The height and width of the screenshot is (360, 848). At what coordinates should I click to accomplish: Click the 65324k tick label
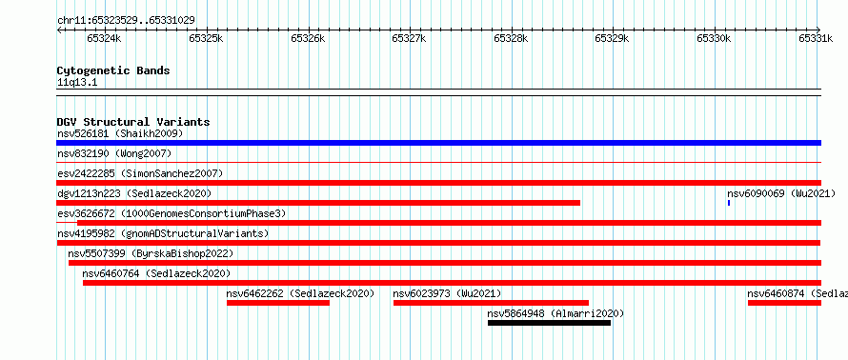tap(105, 38)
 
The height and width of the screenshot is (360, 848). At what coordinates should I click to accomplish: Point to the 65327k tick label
tap(409, 38)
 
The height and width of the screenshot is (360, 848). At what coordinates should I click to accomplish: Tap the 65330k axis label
tap(714, 38)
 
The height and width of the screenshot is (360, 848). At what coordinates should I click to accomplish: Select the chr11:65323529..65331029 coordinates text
tap(126, 21)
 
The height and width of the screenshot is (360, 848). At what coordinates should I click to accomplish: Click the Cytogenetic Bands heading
tap(113, 70)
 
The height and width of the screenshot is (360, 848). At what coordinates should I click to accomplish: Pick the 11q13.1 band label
tap(77, 83)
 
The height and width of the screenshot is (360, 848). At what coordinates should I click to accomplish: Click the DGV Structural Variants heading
tap(133, 122)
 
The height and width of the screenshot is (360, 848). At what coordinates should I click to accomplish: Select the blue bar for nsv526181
tap(438, 143)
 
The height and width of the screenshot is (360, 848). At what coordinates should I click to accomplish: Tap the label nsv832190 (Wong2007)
tap(114, 154)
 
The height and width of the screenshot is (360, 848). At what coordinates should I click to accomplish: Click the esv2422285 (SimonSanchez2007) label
tap(140, 173)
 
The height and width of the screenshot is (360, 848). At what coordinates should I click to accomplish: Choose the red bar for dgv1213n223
tap(318, 203)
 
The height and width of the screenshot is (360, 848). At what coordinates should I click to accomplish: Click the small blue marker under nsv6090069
tap(729, 203)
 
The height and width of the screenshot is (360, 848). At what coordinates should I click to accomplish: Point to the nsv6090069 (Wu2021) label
tap(781, 193)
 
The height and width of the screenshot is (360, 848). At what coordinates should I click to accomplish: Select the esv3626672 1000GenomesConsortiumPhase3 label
tap(172, 213)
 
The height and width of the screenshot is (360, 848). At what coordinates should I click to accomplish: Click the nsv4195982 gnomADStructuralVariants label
tap(163, 233)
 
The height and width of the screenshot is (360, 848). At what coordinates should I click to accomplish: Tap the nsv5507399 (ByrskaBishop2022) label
tap(151, 253)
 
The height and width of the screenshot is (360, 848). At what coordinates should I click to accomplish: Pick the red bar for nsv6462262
tap(278, 303)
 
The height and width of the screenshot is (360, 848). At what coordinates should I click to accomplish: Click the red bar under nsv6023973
tap(491, 303)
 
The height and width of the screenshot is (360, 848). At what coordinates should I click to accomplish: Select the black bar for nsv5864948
tap(549, 323)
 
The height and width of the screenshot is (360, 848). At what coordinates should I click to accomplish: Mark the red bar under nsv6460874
tap(785, 303)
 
